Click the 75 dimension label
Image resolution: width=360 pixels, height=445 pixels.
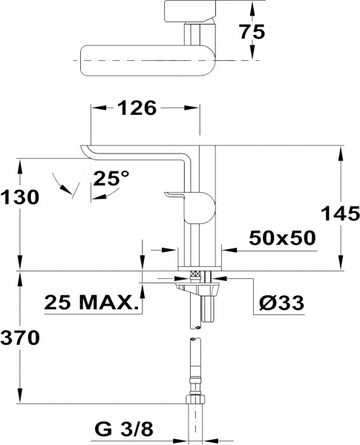[252, 31]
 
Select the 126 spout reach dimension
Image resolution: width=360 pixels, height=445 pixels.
[137, 108]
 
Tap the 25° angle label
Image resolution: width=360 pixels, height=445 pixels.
[111, 178]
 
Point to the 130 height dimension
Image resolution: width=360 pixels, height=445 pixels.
[19, 197]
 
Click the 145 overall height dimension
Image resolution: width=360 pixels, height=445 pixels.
[341, 214]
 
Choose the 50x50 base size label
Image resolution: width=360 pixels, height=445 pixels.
[282, 237]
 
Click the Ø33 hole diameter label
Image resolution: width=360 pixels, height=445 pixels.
[281, 303]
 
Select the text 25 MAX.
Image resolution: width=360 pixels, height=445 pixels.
[91, 303]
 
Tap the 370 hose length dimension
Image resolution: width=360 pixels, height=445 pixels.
[19, 337]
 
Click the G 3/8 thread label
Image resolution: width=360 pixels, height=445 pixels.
[124, 430]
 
